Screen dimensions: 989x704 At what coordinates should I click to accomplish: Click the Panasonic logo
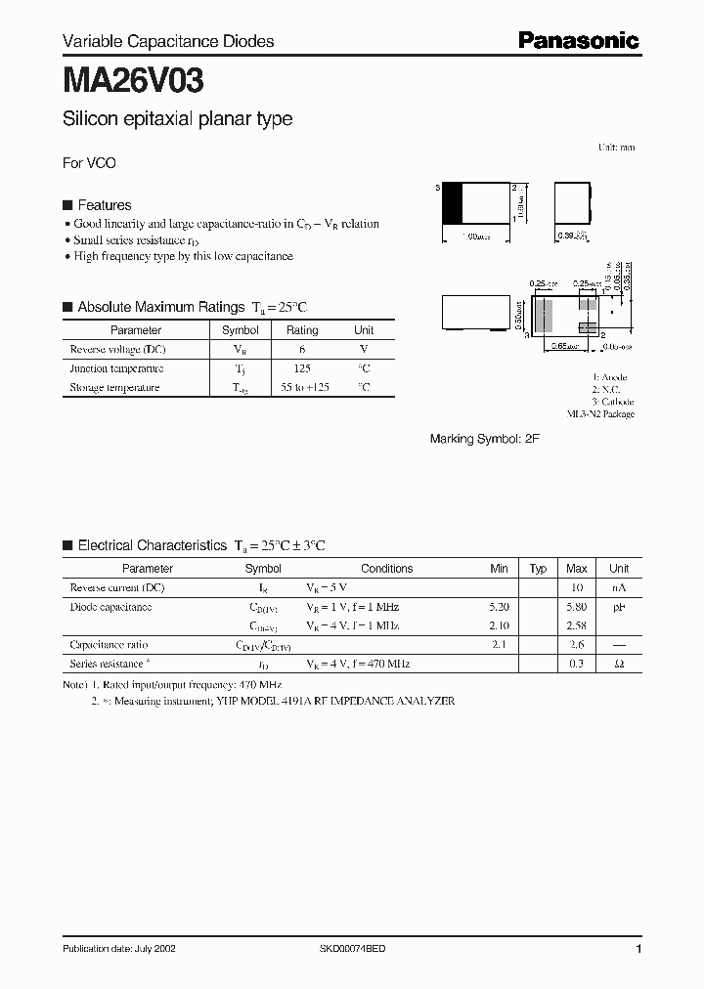(x=578, y=40)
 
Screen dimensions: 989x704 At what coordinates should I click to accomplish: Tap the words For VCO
(x=89, y=163)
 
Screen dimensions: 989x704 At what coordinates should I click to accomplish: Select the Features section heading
(x=104, y=205)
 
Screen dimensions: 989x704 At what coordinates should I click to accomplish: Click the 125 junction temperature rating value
(x=302, y=368)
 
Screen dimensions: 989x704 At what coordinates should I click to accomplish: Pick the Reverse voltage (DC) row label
(x=116, y=349)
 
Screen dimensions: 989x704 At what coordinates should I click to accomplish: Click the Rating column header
(x=302, y=330)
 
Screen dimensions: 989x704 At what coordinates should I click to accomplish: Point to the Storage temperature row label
(x=114, y=387)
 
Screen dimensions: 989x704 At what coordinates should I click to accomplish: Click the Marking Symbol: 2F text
(x=484, y=440)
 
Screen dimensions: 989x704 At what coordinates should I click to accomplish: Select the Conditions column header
(x=386, y=569)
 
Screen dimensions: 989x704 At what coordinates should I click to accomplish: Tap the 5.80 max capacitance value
(x=576, y=607)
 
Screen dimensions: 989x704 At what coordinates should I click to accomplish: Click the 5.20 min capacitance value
(x=499, y=607)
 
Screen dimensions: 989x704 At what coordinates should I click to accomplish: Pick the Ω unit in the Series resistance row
(x=619, y=664)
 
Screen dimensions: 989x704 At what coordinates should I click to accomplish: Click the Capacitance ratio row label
(x=110, y=645)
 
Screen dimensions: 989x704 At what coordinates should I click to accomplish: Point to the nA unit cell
(x=619, y=588)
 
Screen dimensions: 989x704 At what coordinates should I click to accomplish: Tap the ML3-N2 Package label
(x=600, y=414)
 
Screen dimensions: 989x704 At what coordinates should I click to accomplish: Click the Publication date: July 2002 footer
(x=119, y=949)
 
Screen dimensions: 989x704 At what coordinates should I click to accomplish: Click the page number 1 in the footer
(x=638, y=949)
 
